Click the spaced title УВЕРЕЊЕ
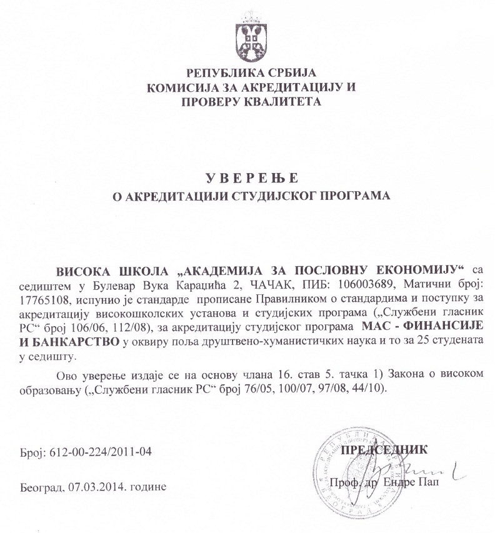click(x=249, y=176)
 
